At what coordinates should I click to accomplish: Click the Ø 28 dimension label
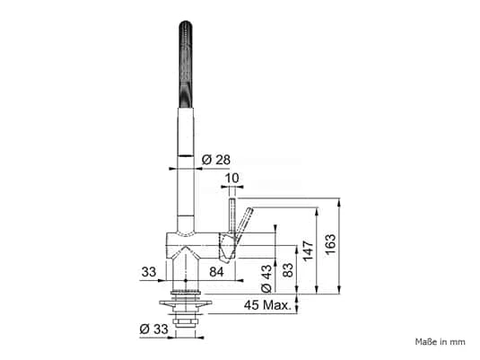[216, 160]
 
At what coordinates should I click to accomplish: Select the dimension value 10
[232, 178]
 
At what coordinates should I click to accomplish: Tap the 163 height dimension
[330, 244]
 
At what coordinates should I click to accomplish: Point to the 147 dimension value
[309, 250]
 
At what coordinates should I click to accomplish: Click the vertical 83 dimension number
[288, 270]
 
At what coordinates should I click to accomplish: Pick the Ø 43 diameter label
[266, 278]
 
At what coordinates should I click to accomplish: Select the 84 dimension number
[216, 272]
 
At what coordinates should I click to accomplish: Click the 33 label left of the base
[149, 272]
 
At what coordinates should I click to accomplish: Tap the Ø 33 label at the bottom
[154, 329]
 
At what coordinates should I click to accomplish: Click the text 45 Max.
[268, 305]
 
